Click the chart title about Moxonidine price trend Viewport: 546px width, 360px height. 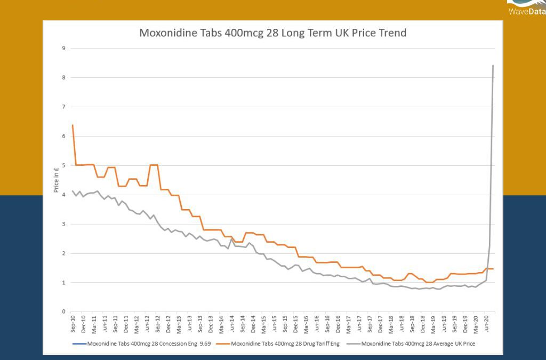(x=272, y=33)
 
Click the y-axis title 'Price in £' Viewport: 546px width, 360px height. (x=56, y=180)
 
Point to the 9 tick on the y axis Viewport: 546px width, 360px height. (x=63, y=49)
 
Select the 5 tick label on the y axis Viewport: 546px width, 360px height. (x=63, y=165)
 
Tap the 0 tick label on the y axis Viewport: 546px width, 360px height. (x=63, y=311)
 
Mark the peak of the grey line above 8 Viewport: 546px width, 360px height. (x=493, y=66)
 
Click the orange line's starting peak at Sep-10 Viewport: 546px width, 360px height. (x=73, y=125)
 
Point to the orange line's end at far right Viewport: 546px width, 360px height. (x=493, y=269)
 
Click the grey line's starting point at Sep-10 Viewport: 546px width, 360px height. (x=73, y=191)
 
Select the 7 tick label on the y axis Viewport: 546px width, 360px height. (x=63, y=107)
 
